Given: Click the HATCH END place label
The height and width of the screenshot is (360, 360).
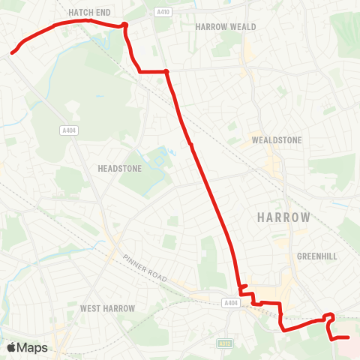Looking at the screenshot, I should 90,13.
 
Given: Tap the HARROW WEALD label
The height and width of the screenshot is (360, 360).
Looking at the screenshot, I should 226,26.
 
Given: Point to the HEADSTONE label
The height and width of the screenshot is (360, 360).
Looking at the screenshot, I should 120,169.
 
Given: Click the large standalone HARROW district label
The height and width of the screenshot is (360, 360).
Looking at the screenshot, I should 283,217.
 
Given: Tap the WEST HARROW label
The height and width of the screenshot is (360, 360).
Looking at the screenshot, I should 107,308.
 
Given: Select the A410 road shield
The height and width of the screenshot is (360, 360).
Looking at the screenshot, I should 163,11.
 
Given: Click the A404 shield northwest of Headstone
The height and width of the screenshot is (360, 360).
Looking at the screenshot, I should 69,130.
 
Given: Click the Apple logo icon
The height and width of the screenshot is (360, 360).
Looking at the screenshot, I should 12,348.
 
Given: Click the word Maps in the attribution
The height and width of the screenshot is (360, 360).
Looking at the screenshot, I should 32,348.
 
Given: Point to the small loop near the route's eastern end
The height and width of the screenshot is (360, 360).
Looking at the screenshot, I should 329,317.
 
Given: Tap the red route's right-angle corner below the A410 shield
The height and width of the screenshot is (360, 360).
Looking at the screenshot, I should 166,71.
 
